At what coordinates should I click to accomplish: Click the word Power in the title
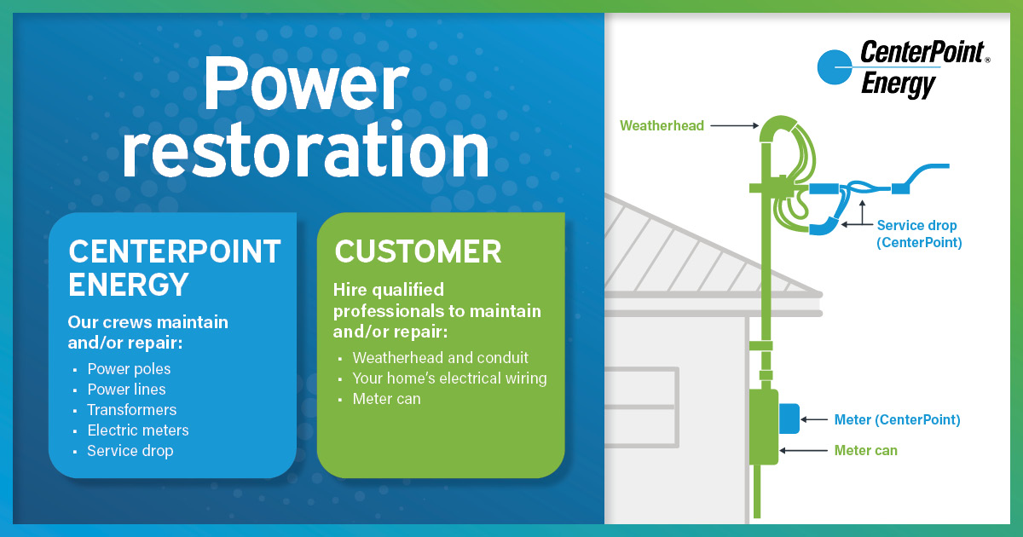(306, 84)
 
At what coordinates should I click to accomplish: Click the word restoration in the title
(306, 150)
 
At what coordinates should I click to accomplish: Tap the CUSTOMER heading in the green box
(418, 251)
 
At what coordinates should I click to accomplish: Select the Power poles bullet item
(129, 369)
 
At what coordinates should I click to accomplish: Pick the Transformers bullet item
(131, 410)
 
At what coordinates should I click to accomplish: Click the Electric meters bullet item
(138, 430)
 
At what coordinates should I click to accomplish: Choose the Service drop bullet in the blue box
(130, 451)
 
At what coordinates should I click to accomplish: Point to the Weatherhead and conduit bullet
(440, 357)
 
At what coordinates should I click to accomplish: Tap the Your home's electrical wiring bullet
(449, 378)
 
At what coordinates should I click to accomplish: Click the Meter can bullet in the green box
(386, 399)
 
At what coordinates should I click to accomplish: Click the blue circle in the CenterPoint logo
(835, 67)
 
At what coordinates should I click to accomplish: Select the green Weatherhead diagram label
(662, 125)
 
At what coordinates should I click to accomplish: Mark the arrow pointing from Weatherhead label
(734, 125)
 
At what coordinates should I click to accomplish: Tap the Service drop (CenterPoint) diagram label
(919, 234)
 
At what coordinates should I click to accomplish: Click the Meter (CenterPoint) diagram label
(897, 419)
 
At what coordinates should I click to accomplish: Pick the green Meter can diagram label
(865, 451)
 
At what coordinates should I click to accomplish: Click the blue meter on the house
(789, 419)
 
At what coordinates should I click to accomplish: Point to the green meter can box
(764, 427)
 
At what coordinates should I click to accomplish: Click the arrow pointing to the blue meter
(814, 419)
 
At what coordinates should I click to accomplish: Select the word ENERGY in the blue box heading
(129, 285)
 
